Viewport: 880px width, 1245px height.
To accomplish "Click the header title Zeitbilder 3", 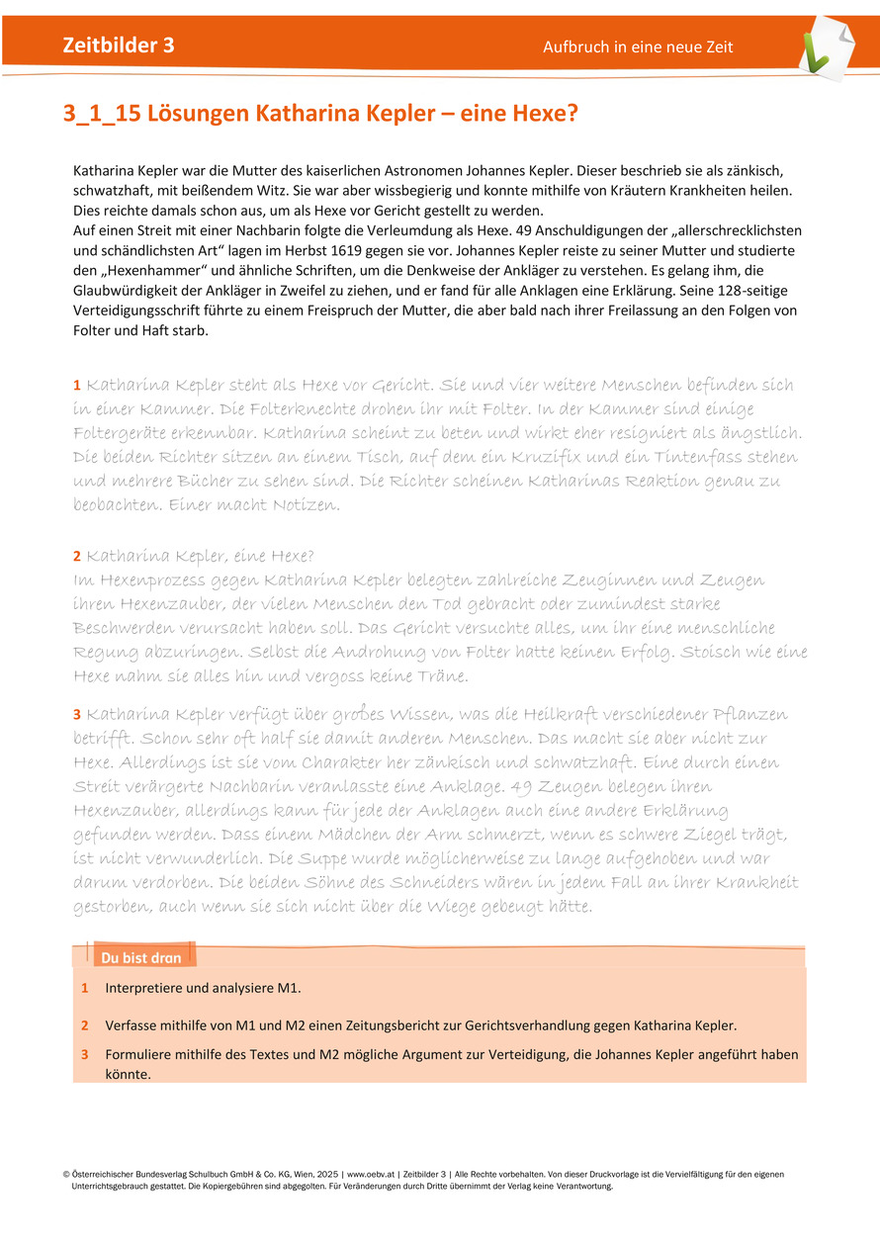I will [119, 45].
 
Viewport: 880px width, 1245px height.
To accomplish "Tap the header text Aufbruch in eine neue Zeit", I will [638, 47].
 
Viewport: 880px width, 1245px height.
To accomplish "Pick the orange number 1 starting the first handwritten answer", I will [76, 385].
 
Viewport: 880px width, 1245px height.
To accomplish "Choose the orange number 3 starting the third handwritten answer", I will [77, 714].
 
